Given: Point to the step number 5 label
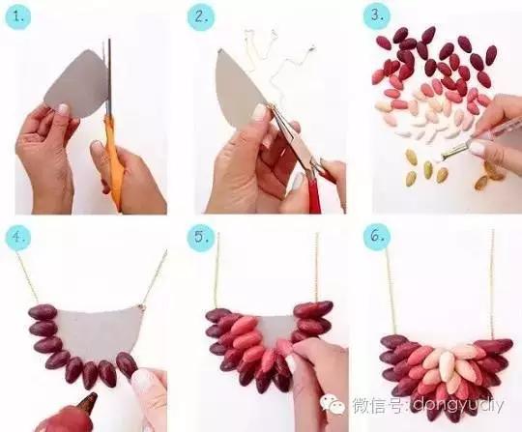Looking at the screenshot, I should tap(201, 237).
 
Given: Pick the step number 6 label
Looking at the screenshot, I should tap(377, 237).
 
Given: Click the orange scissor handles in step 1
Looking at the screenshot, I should tap(114, 174).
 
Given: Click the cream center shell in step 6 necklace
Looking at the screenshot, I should tap(446, 364).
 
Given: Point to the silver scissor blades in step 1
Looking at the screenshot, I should tap(109, 87).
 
